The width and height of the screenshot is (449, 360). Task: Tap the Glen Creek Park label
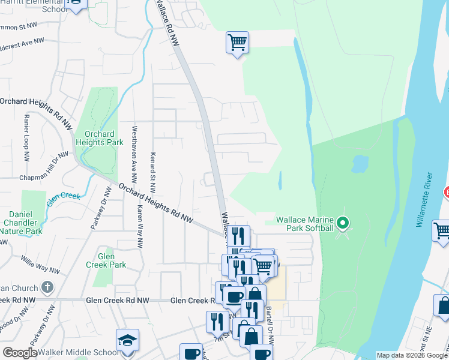[113, 260]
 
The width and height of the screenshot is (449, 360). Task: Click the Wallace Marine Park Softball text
[304, 224]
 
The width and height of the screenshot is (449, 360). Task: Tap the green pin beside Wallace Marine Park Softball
[343, 224]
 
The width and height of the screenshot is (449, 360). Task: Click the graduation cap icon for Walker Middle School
[127, 340]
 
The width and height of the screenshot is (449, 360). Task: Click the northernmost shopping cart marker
[238, 43]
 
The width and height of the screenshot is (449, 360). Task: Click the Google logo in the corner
[20, 353]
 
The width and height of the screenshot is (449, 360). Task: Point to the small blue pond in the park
[360, 163]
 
